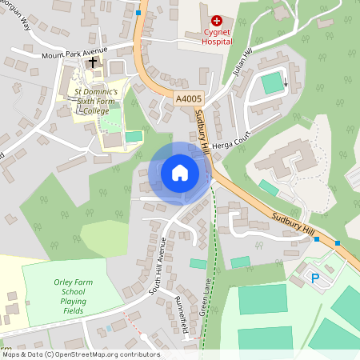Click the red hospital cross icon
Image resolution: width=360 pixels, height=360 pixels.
(216, 20)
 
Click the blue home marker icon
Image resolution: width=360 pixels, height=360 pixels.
(180, 173)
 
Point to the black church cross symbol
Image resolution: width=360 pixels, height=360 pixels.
(94, 62)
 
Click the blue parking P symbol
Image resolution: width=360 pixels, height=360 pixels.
(314, 278)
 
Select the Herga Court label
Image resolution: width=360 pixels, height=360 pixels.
(231, 141)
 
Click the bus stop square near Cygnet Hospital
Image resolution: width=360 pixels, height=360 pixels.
(138, 13)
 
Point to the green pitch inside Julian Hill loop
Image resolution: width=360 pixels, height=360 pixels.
(273, 82)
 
